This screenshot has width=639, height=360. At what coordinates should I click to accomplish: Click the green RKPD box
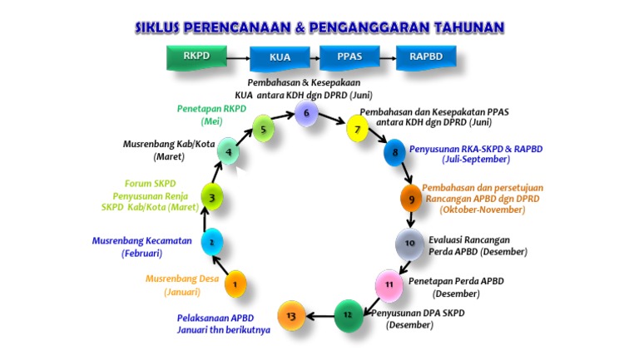point(196,57)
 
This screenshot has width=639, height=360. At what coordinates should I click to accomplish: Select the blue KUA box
point(280,58)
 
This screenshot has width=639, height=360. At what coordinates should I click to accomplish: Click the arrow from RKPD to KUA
point(238,58)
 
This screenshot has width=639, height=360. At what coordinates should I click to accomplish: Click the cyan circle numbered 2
point(212,242)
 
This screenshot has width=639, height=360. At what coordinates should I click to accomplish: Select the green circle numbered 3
point(212,197)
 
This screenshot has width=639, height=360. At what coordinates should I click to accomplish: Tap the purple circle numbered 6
point(306,113)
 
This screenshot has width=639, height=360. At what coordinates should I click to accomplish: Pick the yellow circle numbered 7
point(357,129)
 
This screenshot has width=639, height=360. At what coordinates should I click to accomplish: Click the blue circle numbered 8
point(394,153)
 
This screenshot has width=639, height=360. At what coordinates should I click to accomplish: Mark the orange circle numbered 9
point(411,199)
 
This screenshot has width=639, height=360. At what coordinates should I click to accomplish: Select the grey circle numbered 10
point(409,244)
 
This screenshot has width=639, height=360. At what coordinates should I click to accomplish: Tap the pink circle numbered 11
point(388,284)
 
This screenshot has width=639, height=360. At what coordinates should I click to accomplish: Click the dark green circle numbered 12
point(348,314)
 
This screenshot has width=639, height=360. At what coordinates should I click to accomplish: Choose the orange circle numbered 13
point(290,315)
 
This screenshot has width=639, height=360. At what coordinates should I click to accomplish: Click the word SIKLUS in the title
point(163,27)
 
